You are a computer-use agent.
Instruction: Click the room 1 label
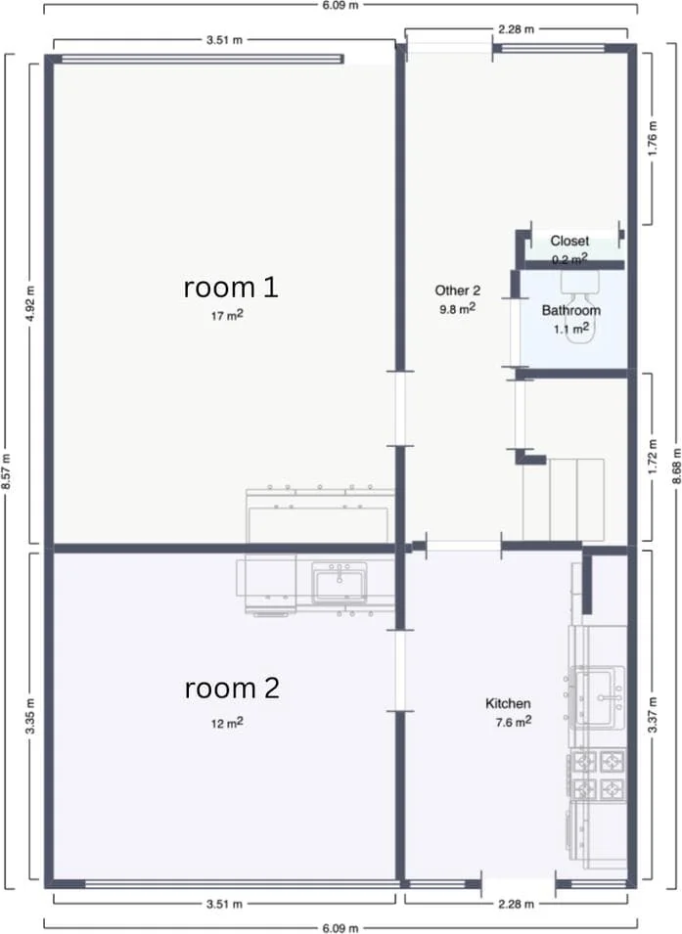click(231, 288)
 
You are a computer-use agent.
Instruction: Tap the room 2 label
click(232, 688)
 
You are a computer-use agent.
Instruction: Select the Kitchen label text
click(508, 703)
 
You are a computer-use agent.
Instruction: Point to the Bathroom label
click(571, 310)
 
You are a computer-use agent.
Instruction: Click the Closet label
click(569, 241)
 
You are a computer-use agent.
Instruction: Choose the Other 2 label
click(457, 290)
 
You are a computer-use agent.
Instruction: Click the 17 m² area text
click(227, 315)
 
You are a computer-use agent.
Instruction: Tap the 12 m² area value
click(227, 723)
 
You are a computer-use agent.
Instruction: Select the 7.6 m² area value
click(514, 722)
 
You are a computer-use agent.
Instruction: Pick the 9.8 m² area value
click(458, 308)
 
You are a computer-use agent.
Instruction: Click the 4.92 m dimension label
click(30, 304)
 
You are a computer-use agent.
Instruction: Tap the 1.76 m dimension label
click(653, 140)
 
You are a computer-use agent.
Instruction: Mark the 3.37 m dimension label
click(653, 715)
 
